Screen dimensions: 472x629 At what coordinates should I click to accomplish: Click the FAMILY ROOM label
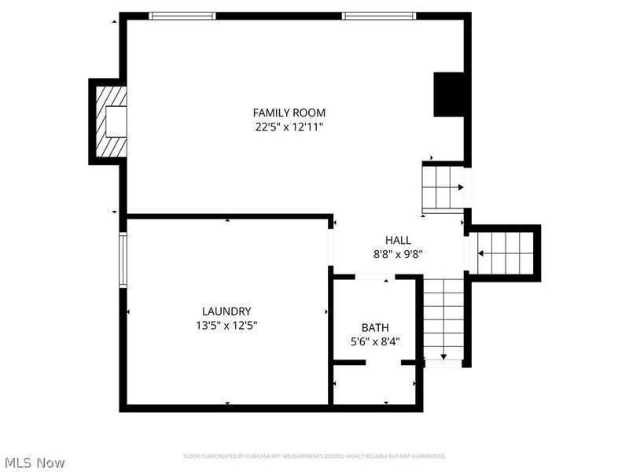289,112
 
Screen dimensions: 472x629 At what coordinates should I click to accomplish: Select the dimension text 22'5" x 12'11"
289,127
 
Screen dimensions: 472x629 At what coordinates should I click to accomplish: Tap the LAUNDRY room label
226,311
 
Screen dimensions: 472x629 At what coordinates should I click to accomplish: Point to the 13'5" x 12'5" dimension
226,325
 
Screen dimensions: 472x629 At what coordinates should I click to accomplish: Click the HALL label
398,240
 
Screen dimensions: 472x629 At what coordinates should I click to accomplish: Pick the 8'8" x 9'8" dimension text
398,254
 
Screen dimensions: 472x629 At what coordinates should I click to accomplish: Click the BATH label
375,327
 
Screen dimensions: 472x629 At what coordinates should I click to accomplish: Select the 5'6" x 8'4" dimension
375,341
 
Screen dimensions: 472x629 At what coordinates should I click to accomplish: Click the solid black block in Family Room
451,94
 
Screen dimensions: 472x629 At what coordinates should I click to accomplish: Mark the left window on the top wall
182,15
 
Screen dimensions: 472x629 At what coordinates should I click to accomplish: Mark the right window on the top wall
379,15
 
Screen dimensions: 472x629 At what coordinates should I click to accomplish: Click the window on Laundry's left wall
123,259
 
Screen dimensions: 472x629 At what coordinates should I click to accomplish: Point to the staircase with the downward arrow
443,319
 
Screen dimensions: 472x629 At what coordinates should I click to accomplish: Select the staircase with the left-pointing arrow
505,253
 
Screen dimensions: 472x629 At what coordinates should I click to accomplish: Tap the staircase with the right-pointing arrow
443,186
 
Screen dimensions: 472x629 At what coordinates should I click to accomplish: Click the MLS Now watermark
34,463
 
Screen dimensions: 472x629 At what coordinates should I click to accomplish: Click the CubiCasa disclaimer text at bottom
314,456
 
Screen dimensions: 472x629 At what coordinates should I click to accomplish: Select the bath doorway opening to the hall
374,277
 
